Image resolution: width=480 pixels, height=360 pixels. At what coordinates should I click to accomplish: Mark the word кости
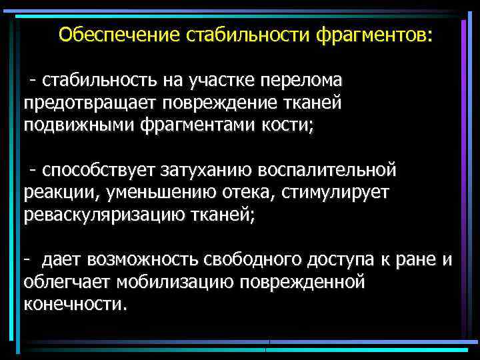[287, 126]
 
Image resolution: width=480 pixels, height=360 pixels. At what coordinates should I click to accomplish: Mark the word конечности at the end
[73, 305]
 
